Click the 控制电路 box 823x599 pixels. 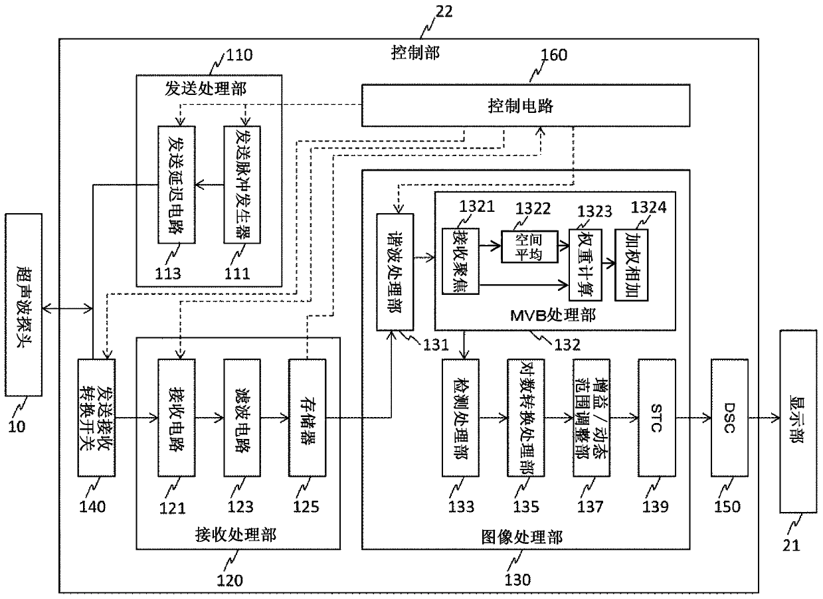click(x=526, y=106)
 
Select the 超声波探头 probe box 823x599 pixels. click(x=23, y=305)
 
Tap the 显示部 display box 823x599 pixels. click(x=798, y=421)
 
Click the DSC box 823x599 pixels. click(x=729, y=418)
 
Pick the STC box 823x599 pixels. click(x=656, y=418)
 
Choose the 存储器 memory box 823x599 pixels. click(x=307, y=418)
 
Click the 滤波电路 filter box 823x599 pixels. click(x=242, y=418)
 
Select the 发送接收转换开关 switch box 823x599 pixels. click(x=96, y=418)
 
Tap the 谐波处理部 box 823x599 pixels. click(x=395, y=272)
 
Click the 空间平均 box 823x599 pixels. click(x=530, y=246)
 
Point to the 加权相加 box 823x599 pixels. click(x=632, y=265)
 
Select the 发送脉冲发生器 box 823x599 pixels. click(x=242, y=185)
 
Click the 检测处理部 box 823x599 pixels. click(x=460, y=418)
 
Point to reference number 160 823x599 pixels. click(x=554, y=55)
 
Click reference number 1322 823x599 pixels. click(x=533, y=209)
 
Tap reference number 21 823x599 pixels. click(x=791, y=546)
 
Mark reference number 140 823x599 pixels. click(x=92, y=507)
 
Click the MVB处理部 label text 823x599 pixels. click(x=553, y=315)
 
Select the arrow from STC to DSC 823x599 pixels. click(x=693, y=418)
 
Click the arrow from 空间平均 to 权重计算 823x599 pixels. click(x=564, y=246)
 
